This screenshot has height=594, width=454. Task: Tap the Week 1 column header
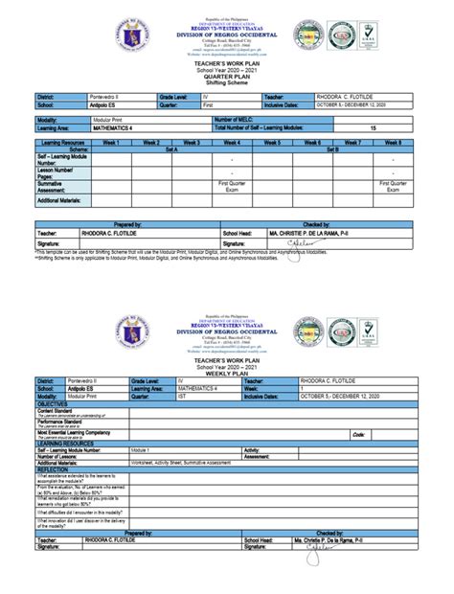click(117, 142)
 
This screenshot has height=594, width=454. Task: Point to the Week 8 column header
click(393, 142)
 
